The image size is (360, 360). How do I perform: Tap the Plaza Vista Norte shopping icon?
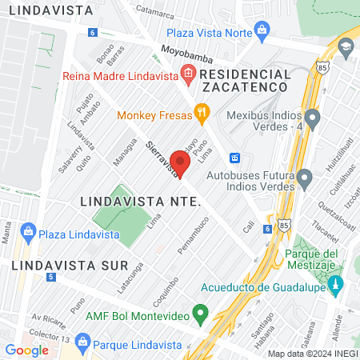point(261,31)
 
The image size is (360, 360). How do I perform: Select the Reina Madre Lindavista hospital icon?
point(188,76)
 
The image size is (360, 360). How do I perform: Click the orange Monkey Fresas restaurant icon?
point(202,114)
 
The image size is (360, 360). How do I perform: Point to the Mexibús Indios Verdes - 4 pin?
point(312,120)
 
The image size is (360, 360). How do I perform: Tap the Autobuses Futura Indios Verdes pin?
point(304,178)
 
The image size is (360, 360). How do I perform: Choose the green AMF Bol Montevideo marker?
point(201,311)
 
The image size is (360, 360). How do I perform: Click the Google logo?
point(26,350)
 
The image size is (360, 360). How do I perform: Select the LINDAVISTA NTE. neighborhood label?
point(140,202)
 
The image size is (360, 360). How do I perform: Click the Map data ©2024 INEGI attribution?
point(311,354)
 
